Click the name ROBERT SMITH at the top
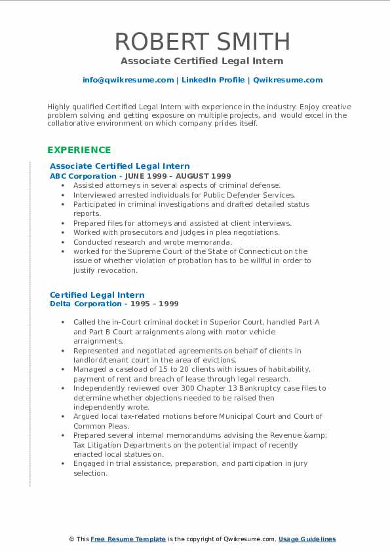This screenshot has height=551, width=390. click(202, 41)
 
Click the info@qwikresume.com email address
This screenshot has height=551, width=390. click(128, 80)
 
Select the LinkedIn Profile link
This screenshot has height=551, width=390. click(212, 80)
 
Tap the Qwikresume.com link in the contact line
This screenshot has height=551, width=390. click(288, 80)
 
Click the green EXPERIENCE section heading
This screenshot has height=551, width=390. click(79, 150)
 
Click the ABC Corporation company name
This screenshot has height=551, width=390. click(83, 176)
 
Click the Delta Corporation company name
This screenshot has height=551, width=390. click(85, 304)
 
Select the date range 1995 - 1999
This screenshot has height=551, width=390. click(153, 304)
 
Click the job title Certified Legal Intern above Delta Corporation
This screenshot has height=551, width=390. click(97, 295)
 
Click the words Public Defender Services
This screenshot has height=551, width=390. click(256, 195)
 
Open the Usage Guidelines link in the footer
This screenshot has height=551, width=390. click(307, 539)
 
